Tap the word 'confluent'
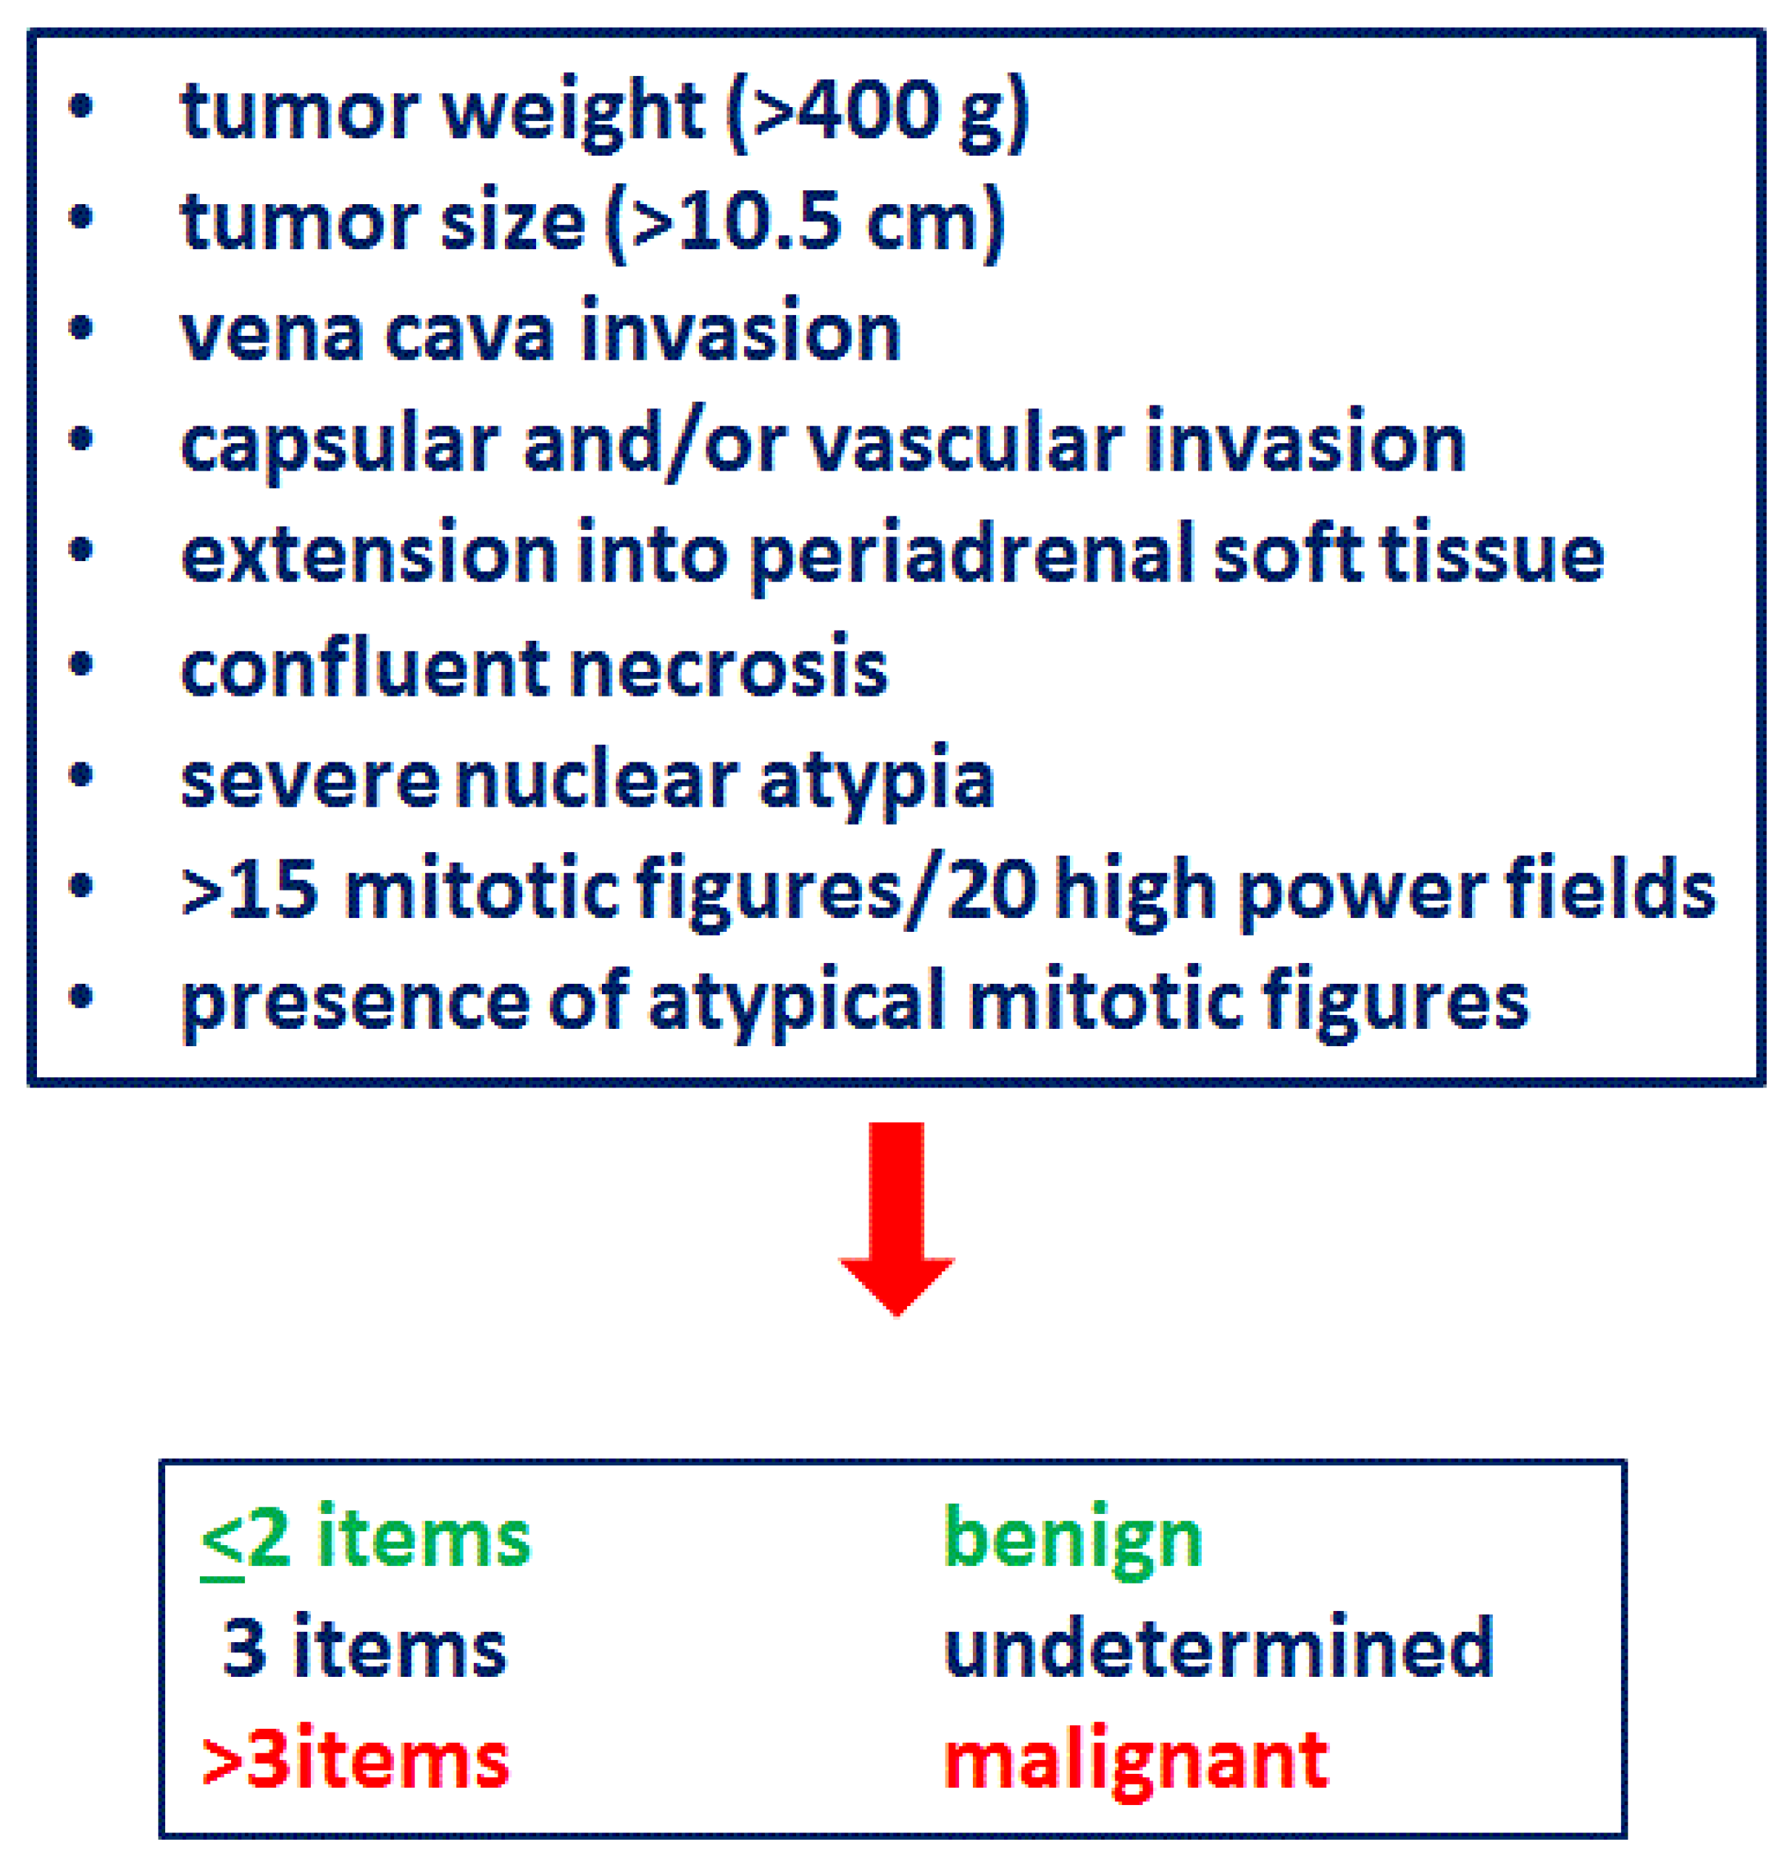click(364, 667)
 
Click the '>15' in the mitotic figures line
click(248, 889)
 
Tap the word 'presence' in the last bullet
click(355, 1002)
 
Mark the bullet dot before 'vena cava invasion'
click(82, 329)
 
